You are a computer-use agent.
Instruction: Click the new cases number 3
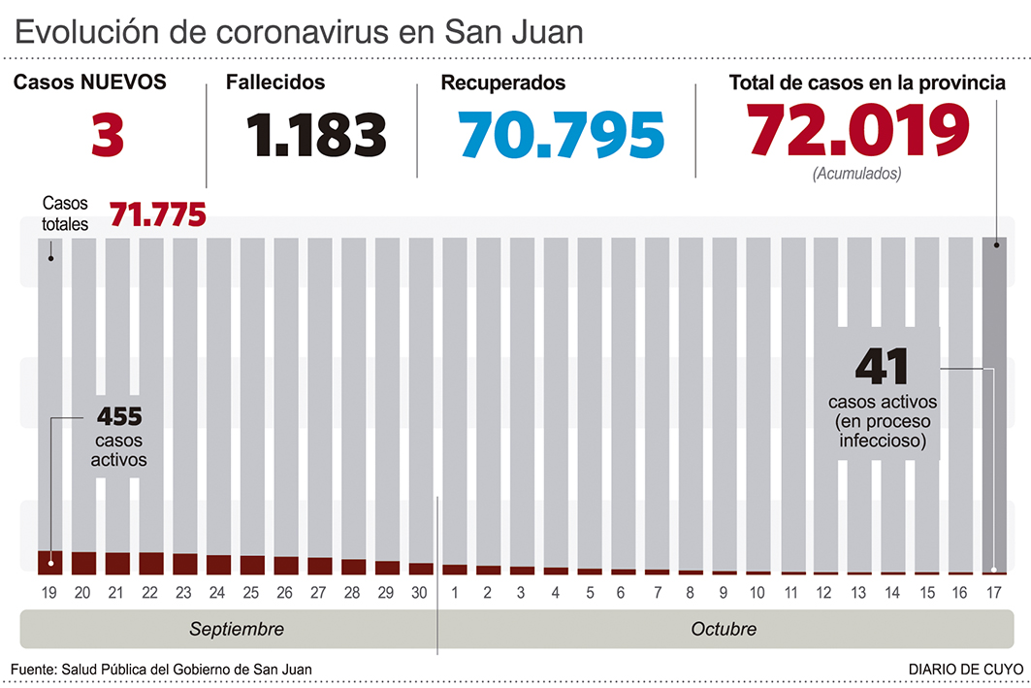point(108,135)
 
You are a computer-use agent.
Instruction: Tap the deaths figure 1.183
point(316,135)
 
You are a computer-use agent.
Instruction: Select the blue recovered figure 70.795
point(563,135)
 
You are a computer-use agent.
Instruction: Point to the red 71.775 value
point(157,214)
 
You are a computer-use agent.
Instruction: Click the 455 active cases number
point(119,417)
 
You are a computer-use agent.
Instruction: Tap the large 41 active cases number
point(882,367)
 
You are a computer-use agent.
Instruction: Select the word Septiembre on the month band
point(237,629)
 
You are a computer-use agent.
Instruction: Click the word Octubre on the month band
point(724,629)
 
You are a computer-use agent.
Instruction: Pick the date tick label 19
point(49,591)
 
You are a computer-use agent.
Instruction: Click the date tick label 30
point(421,591)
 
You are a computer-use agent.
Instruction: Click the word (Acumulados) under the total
point(857,175)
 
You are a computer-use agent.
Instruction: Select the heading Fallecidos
point(275,83)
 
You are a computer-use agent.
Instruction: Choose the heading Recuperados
point(503,83)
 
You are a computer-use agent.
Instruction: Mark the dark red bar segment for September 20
point(83,563)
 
